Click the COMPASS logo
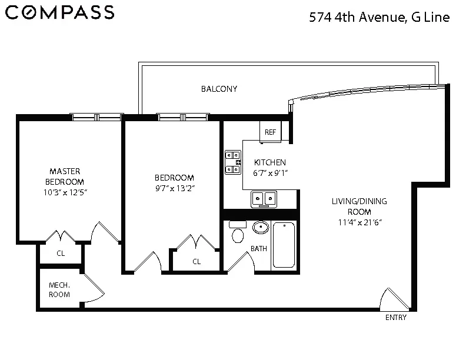[59, 12]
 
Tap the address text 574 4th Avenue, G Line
[380, 18]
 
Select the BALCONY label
[219, 89]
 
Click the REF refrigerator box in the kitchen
[270, 132]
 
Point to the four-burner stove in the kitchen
[233, 162]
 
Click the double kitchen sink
[264, 199]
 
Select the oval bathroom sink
[261, 227]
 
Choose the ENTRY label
[395, 318]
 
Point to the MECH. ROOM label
[59, 289]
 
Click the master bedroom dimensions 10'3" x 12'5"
[66, 192]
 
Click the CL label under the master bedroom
[61, 254]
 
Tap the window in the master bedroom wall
[96, 117]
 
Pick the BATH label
[259, 249]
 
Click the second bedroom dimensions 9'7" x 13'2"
[174, 188]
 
